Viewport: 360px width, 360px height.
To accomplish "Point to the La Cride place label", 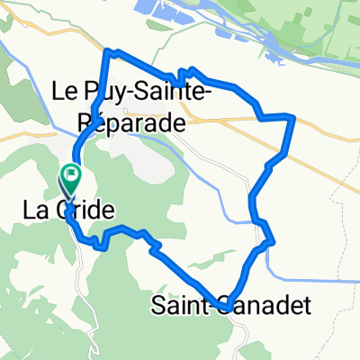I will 79,211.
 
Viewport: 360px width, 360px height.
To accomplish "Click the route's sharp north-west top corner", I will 109,51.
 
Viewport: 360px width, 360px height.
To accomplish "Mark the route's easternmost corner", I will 293,117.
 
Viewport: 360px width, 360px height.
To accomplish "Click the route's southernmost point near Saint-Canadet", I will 229,302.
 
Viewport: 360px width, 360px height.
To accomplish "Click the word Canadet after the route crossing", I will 271,306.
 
